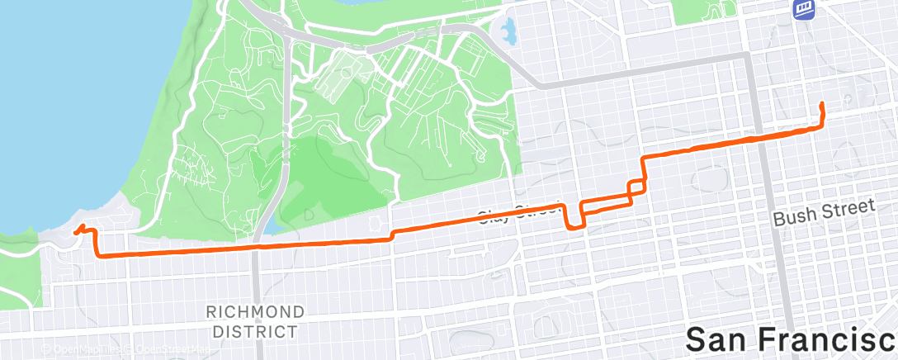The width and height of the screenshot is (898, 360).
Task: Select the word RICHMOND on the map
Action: pyautogui.click(x=256, y=312)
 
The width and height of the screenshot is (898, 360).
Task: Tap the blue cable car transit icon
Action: pyautogui.click(x=805, y=10)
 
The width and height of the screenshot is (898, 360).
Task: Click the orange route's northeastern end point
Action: pyautogui.click(x=822, y=103)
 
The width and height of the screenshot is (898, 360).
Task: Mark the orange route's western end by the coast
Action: pyautogui.click(x=76, y=232)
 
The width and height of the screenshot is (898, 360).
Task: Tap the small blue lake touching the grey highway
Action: pyautogui.click(x=271, y=226)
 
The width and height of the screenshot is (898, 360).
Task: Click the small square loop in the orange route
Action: pyautogui.click(x=636, y=188)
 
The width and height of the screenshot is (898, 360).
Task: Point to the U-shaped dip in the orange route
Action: pyautogui.click(x=574, y=216)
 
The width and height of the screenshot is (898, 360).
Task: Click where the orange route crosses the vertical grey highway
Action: pyautogui.click(x=257, y=246)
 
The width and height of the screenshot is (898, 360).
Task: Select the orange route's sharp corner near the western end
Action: pyautogui.click(x=98, y=254)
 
